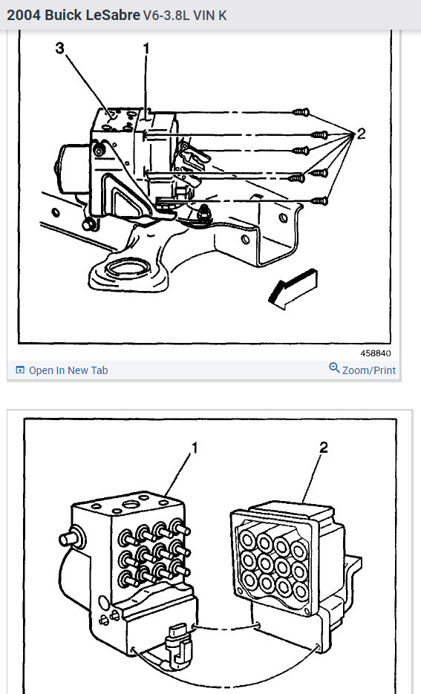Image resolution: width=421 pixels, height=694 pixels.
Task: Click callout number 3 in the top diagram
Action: coord(60,49)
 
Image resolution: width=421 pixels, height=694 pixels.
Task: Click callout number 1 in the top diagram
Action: coord(146,49)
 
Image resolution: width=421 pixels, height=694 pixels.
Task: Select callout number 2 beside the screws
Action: coord(361,134)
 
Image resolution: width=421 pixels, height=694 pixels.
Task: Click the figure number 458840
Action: coord(376,353)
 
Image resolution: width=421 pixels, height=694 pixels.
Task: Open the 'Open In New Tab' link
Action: coord(68,370)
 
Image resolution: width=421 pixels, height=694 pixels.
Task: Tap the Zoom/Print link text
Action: coord(369,370)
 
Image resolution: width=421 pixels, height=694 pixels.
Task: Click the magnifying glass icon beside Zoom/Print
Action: coord(334,369)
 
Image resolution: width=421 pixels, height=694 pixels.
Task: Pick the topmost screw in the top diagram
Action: coord(301,111)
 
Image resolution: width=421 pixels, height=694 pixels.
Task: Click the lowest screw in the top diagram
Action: coord(320,200)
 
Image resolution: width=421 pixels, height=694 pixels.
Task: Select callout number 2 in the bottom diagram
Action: coord(324,448)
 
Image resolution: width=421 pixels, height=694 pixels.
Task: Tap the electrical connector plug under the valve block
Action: coord(177,640)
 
